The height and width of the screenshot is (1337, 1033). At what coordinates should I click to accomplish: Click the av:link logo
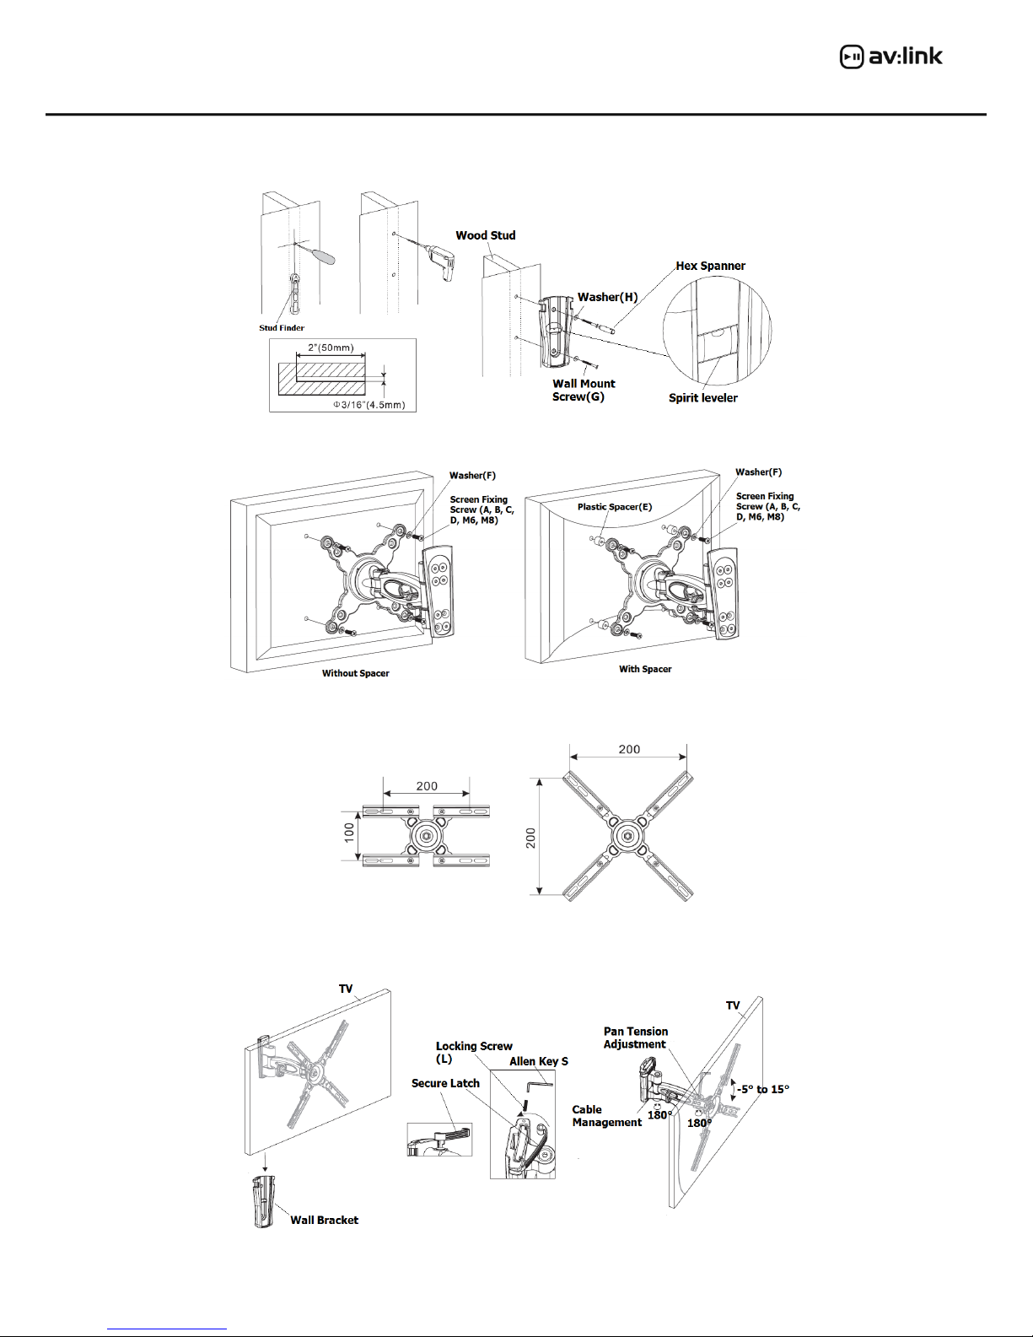pyautogui.click(x=890, y=57)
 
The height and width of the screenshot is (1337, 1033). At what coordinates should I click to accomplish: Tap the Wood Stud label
pyautogui.click(x=485, y=235)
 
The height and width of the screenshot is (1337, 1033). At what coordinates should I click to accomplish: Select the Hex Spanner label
pyautogui.click(x=710, y=266)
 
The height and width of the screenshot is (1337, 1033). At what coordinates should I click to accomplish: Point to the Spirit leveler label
pyautogui.click(x=702, y=397)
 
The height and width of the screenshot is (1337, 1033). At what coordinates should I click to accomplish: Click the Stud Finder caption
pyautogui.click(x=282, y=328)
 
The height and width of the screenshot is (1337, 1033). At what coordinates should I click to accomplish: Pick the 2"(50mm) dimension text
pyautogui.click(x=331, y=348)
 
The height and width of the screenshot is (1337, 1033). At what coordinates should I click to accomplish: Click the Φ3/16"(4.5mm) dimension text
pyautogui.click(x=369, y=405)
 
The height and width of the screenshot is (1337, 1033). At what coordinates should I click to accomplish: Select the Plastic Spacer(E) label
pyautogui.click(x=614, y=507)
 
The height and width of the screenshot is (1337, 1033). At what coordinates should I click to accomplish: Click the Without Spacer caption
pyautogui.click(x=355, y=673)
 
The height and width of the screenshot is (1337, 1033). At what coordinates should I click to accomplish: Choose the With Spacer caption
pyautogui.click(x=645, y=669)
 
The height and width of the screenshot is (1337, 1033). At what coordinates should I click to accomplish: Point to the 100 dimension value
pyautogui.click(x=349, y=833)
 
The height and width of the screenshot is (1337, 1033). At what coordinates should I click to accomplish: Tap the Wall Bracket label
pyautogui.click(x=324, y=1220)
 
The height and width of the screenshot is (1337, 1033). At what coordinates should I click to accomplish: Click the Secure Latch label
pyautogui.click(x=445, y=1083)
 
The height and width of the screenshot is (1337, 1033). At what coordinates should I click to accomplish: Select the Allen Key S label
pyautogui.click(x=539, y=1061)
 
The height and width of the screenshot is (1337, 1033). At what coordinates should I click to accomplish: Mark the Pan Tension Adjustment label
pyautogui.click(x=635, y=1038)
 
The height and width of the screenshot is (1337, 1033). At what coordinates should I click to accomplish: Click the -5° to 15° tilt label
pyautogui.click(x=763, y=1089)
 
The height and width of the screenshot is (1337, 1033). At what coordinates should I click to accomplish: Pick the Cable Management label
pyautogui.click(x=606, y=1115)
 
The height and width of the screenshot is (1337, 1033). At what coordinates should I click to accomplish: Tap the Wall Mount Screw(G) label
pyautogui.click(x=584, y=390)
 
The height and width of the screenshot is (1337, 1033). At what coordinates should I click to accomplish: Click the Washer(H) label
pyautogui.click(x=607, y=297)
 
